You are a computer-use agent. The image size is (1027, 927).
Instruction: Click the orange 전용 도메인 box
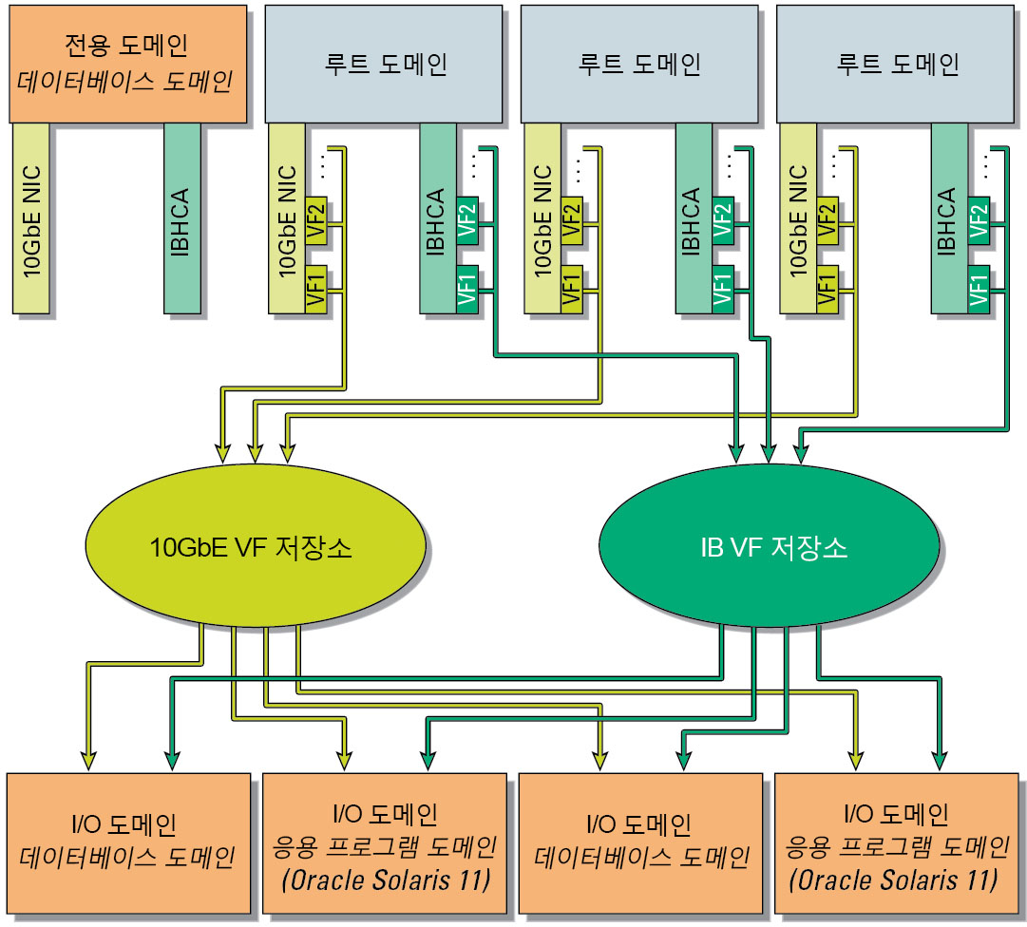(x=125, y=63)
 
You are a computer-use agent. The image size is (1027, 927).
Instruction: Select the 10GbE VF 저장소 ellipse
(x=251, y=548)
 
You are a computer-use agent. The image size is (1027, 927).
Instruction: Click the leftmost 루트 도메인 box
(x=383, y=63)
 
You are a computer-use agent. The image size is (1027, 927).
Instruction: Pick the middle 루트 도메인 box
(x=638, y=63)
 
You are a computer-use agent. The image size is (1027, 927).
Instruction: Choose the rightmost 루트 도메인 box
(x=895, y=63)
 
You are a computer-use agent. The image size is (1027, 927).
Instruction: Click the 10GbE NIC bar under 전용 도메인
(x=31, y=218)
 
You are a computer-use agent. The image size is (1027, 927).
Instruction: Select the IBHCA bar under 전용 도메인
(x=181, y=218)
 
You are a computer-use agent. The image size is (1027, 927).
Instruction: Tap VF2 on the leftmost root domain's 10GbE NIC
(x=315, y=220)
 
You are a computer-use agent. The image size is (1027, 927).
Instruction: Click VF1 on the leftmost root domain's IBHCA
(x=466, y=288)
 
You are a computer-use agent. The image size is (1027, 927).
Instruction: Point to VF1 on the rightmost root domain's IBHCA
(x=978, y=288)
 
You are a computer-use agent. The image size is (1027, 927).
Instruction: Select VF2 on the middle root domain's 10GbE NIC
(x=571, y=220)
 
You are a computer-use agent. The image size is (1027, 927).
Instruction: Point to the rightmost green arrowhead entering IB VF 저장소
(x=801, y=454)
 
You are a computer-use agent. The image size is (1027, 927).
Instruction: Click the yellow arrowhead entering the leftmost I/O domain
(x=87, y=759)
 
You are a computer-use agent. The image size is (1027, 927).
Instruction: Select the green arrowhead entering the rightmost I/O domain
(x=939, y=759)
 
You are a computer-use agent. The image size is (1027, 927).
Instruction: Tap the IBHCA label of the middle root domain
(x=692, y=223)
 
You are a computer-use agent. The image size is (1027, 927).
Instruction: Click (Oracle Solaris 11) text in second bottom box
(x=385, y=880)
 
